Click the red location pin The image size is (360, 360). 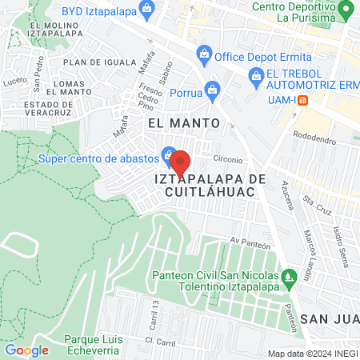click(180, 162)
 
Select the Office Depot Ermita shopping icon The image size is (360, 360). click(205, 54)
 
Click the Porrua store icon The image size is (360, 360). click(211, 89)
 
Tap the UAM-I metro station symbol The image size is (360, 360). click(315, 99)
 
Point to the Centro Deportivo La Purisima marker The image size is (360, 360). click(346, 10)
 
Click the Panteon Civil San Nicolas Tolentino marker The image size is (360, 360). click(292, 278)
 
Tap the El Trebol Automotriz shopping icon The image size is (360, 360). click(256, 78)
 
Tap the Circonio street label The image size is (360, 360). click(228, 158)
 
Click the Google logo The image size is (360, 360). click(26, 350)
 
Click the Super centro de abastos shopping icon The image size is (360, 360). click(169, 154)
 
